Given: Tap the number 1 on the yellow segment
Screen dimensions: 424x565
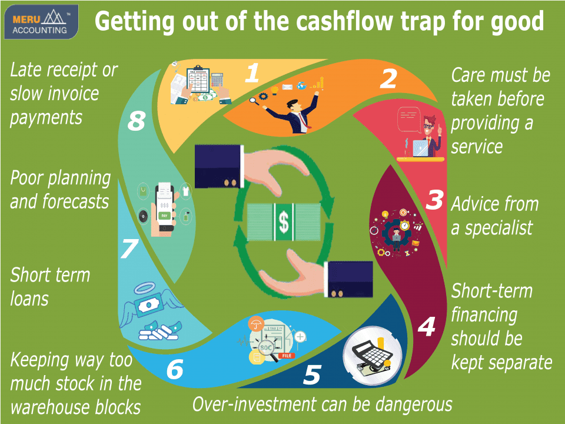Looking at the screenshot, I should pyautogui.click(x=252, y=73).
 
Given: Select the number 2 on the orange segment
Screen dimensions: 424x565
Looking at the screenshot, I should pyautogui.click(x=388, y=79).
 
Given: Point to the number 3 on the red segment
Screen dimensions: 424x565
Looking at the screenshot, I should pyautogui.click(x=434, y=200).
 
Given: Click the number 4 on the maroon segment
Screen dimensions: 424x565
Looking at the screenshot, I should pyautogui.click(x=427, y=327).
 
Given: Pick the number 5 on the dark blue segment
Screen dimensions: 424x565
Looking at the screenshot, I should pyautogui.click(x=312, y=375).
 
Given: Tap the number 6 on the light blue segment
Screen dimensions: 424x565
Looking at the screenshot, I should pyautogui.click(x=175, y=369).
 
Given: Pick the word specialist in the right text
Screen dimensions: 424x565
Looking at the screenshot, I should pyautogui.click(x=498, y=228).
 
